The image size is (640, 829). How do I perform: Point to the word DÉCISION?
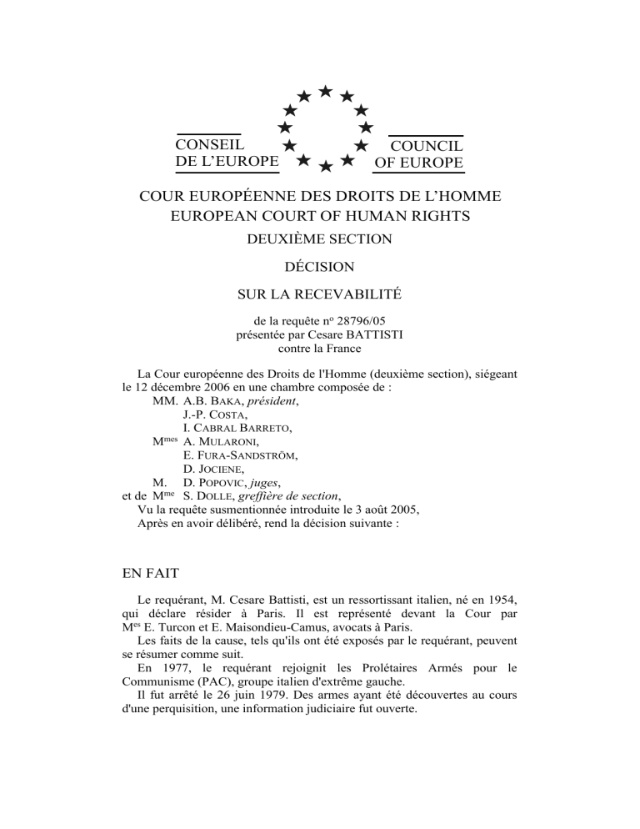[320, 268]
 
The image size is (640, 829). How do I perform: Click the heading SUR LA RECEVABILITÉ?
[320, 294]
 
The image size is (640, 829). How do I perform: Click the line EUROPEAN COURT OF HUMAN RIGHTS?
[320, 217]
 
